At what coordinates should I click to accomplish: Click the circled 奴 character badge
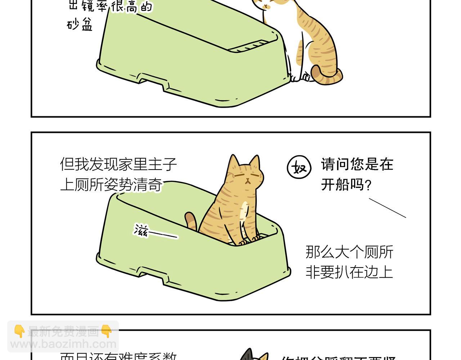click(x=299, y=167)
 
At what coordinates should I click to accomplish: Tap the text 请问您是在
click(x=357, y=165)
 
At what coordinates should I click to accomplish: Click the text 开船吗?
click(x=346, y=185)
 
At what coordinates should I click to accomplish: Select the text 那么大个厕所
click(x=349, y=252)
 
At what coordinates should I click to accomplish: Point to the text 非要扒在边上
click(x=349, y=272)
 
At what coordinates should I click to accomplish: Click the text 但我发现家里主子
click(x=118, y=164)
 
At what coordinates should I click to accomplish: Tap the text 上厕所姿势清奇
click(x=111, y=185)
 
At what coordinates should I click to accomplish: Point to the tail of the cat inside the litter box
click(x=191, y=220)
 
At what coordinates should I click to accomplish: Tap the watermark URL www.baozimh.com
click(x=63, y=344)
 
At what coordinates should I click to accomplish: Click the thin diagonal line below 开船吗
click(x=387, y=208)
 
